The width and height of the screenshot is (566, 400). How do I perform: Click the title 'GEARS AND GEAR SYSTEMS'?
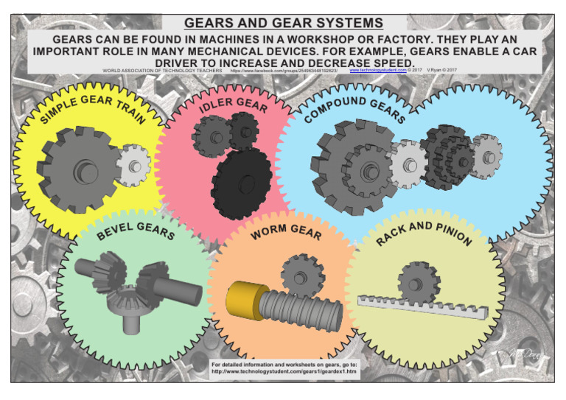click(283, 23)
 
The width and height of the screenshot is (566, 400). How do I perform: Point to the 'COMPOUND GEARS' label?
click(354, 109)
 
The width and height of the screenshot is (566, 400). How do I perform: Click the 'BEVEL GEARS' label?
click(136, 230)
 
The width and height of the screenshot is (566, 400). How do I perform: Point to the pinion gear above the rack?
click(418, 282)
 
